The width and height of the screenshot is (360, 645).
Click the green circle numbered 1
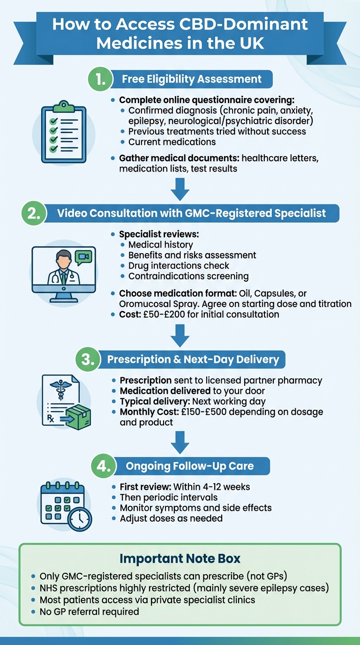click(x=100, y=79)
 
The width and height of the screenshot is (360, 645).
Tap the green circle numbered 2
click(x=34, y=213)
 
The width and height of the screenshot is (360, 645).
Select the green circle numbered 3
click(x=88, y=360)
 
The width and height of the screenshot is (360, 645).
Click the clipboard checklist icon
click(x=63, y=133)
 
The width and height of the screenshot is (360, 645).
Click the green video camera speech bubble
click(x=83, y=257)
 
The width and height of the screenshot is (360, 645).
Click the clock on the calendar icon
click(x=79, y=518)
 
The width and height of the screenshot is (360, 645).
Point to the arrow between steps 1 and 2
click(x=180, y=190)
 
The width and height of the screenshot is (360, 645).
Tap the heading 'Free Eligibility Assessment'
click(x=192, y=79)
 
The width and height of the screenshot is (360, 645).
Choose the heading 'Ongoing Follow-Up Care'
click(x=189, y=466)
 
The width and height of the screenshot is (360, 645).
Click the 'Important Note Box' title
click(x=180, y=558)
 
